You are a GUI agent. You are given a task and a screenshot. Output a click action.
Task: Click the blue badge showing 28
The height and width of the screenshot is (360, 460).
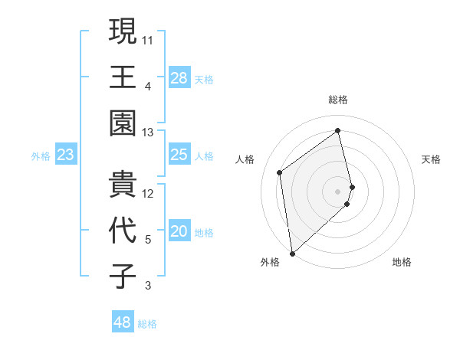tap(179, 77)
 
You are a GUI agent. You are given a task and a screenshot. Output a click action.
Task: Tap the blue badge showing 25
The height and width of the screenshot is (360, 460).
tap(179, 155)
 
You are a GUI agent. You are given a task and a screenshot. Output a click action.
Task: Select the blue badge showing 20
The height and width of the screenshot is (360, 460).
tap(179, 232)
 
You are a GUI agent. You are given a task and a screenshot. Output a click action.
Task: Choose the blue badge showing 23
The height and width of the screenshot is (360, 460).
tap(65, 155)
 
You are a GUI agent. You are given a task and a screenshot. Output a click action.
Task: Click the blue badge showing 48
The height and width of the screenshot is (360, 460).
tap(123, 322)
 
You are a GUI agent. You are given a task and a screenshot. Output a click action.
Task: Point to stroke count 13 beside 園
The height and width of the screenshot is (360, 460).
tap(148, 133)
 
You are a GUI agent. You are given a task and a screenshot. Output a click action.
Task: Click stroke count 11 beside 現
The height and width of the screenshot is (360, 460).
tap(148, 38)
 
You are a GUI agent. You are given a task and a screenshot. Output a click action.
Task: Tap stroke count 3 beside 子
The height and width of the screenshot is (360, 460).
tap(148, 286)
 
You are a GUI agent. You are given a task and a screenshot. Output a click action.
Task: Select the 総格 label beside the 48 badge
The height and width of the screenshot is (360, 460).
tap(147, 324)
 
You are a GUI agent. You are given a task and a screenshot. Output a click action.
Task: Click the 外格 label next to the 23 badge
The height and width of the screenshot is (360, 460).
tap(41, 156)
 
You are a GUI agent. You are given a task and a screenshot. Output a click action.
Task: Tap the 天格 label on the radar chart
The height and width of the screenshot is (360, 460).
tap(431, 159)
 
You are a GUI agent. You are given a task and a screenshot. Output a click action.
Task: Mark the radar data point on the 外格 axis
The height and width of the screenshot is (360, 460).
tap(292, 254)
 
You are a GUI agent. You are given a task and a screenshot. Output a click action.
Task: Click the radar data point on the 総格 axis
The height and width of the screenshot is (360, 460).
tap(338, 130)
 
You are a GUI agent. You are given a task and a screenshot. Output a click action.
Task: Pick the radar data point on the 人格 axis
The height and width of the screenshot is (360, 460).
tap(280, 172)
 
